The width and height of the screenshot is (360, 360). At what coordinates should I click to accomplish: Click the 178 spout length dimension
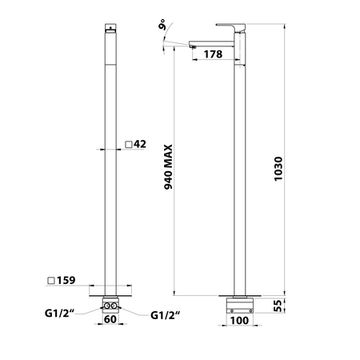point(213,54)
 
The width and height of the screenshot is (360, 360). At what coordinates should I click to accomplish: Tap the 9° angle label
point(162,25)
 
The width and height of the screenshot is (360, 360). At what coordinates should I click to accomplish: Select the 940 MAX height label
point(168,167)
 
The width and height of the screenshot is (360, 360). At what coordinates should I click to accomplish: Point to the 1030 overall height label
point(278,169)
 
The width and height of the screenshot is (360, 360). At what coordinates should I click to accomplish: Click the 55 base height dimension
point(278,306)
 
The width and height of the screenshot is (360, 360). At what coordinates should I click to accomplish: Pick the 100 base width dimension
point(239,320)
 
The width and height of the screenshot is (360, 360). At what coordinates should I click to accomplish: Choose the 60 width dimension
point(110,319)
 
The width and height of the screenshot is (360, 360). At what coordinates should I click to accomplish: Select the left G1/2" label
point(60,313)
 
